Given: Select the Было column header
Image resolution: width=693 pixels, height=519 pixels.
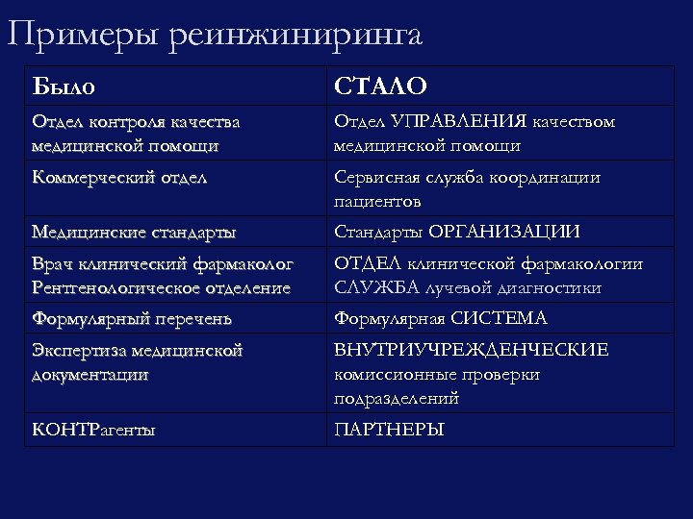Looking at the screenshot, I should point(64,86).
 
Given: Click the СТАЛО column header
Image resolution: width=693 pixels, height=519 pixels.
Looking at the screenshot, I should point(380,86).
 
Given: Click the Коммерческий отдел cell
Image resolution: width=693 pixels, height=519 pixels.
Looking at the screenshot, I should point(119,178).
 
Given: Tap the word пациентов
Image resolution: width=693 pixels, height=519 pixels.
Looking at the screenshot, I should point(377,202).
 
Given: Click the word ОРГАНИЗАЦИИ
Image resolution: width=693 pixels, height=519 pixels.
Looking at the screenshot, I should point(504,233).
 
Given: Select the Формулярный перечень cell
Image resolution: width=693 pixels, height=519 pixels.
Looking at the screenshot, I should point(131,318).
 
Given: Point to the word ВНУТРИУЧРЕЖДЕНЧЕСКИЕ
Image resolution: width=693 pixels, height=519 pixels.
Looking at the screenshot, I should point(471,351).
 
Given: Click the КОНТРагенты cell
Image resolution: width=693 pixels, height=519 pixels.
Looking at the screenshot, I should point(93,430).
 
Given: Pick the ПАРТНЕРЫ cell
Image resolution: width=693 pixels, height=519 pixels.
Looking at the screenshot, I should point(389,430).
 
